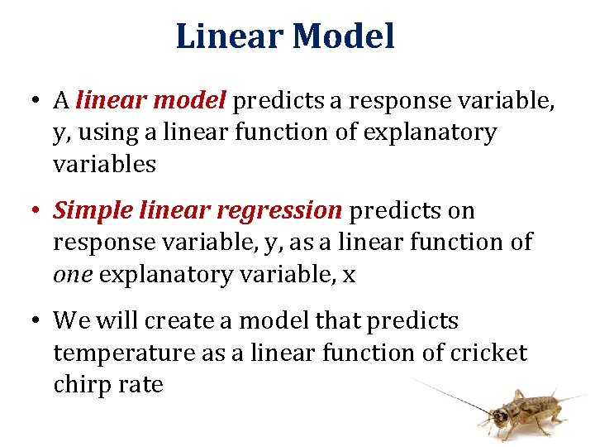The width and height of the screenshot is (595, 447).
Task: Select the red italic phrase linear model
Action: tap(150, 101)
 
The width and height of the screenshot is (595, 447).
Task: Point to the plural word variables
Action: tap(104, 164)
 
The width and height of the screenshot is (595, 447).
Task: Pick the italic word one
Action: tap(72, 275)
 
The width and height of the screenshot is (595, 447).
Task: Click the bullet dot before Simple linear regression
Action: tap(34, 212)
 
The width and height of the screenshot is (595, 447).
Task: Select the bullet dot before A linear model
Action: tap(34, 102)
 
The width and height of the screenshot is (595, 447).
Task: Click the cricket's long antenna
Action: tap(450, 395)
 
